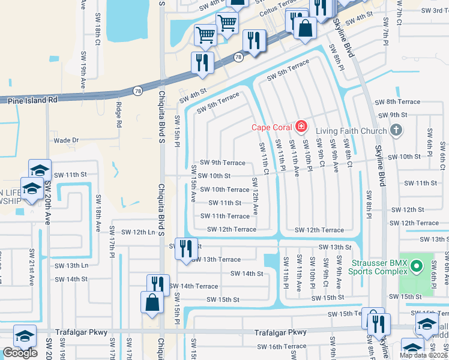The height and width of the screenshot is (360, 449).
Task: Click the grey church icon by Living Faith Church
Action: pyautogui.click(x=396, y=130)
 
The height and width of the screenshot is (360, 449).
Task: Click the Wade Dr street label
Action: pyautogui.click(x=66, y=140)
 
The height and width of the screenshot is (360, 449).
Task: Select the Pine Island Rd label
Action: pyautogui.click(x=33, y=101)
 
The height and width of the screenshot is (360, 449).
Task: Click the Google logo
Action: pyautogui.click(x=20, y=353)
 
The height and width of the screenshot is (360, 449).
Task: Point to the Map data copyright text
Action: pyautogui.click(x=424, y=355)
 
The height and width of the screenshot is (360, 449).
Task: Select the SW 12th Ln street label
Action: pyautogui.click(x=139, y=232)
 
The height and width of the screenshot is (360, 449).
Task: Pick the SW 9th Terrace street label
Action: pyautogui.click(x=223, y=163)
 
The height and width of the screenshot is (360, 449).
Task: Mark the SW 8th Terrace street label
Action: pyautogui.click(x=397, y=102)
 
